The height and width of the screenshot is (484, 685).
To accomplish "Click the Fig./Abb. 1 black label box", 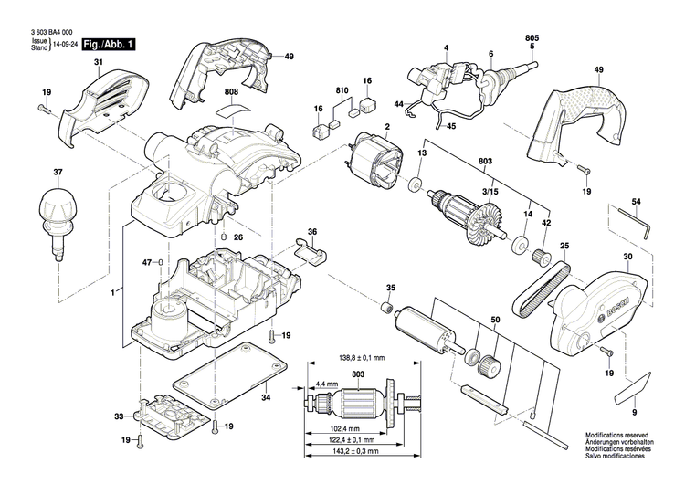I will coord(107,43).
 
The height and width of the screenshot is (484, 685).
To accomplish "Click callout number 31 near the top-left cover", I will coord(99,62).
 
